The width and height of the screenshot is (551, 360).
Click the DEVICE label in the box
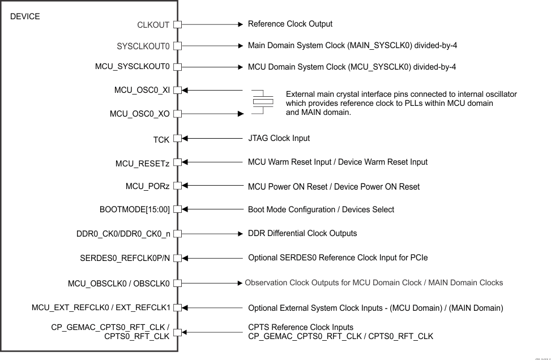point(25,17)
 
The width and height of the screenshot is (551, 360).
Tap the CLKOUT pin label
point(153,25)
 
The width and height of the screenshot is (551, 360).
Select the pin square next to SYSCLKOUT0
point(177,46)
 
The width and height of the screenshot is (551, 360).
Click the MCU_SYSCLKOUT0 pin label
point(133,67)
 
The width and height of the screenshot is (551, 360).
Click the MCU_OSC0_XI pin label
point(142,90)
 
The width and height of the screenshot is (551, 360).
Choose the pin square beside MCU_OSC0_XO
point(177,114)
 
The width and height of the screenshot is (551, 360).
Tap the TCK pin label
point(161,138)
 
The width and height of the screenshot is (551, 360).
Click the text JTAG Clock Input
point(279,138)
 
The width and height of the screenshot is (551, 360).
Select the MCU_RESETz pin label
point(142,164)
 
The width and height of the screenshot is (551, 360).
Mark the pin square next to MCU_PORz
point(177,186)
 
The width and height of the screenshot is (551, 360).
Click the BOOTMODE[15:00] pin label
point(134,209)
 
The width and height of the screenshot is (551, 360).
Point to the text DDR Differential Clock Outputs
point(302,233)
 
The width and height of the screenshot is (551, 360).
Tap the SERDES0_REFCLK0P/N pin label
point(125,258)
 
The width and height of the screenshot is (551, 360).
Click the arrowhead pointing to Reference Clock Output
point(239,24)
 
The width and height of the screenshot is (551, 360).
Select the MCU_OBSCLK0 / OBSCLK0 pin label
point(118,282)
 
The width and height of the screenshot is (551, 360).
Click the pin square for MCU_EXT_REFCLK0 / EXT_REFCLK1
point(177,307)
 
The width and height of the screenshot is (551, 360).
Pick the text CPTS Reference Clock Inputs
point(301,327)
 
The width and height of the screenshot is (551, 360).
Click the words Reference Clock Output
point(290,24)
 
